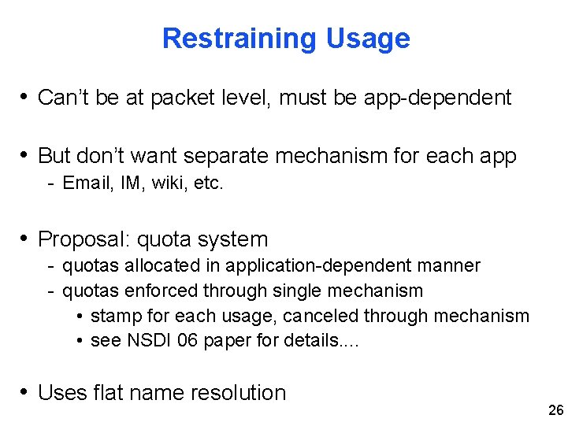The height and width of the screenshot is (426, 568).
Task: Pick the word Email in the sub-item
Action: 81,183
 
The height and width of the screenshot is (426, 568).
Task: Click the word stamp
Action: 114,316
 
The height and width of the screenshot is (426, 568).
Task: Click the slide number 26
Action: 555,409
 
